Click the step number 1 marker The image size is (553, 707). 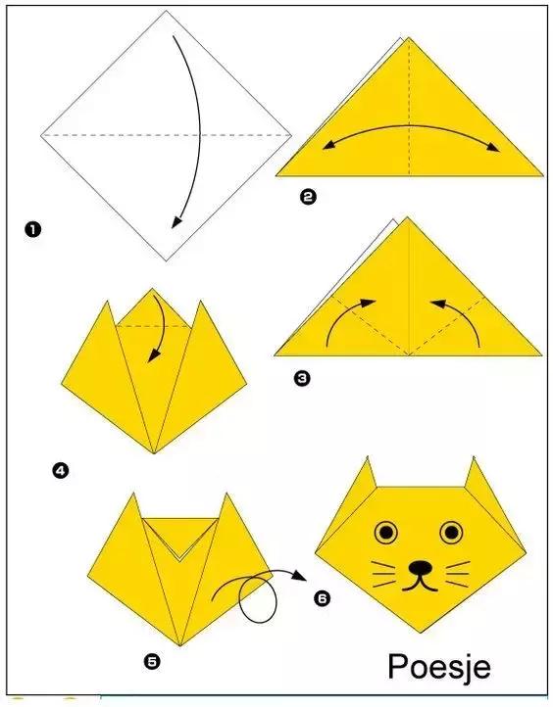tap(33, 229)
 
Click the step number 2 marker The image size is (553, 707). tap(308, 197)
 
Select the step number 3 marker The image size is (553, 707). tap(302, 377)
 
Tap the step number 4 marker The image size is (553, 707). tap(60, 471)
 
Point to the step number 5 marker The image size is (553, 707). tap(152, 661)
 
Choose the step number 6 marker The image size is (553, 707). tap(322, 598)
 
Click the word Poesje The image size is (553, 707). tap(439, 667)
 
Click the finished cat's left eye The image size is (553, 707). tap(386, 532)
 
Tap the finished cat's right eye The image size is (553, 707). tap(451, 532)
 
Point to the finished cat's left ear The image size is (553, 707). tap(368, 474)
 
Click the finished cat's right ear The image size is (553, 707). tap(474, 474)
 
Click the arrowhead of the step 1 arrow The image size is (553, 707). tap(176, 222)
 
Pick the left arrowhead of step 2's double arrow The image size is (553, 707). tap(329, 144)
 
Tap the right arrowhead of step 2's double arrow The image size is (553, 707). tap(493, 148)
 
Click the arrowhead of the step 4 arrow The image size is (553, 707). tap(154, 355)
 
